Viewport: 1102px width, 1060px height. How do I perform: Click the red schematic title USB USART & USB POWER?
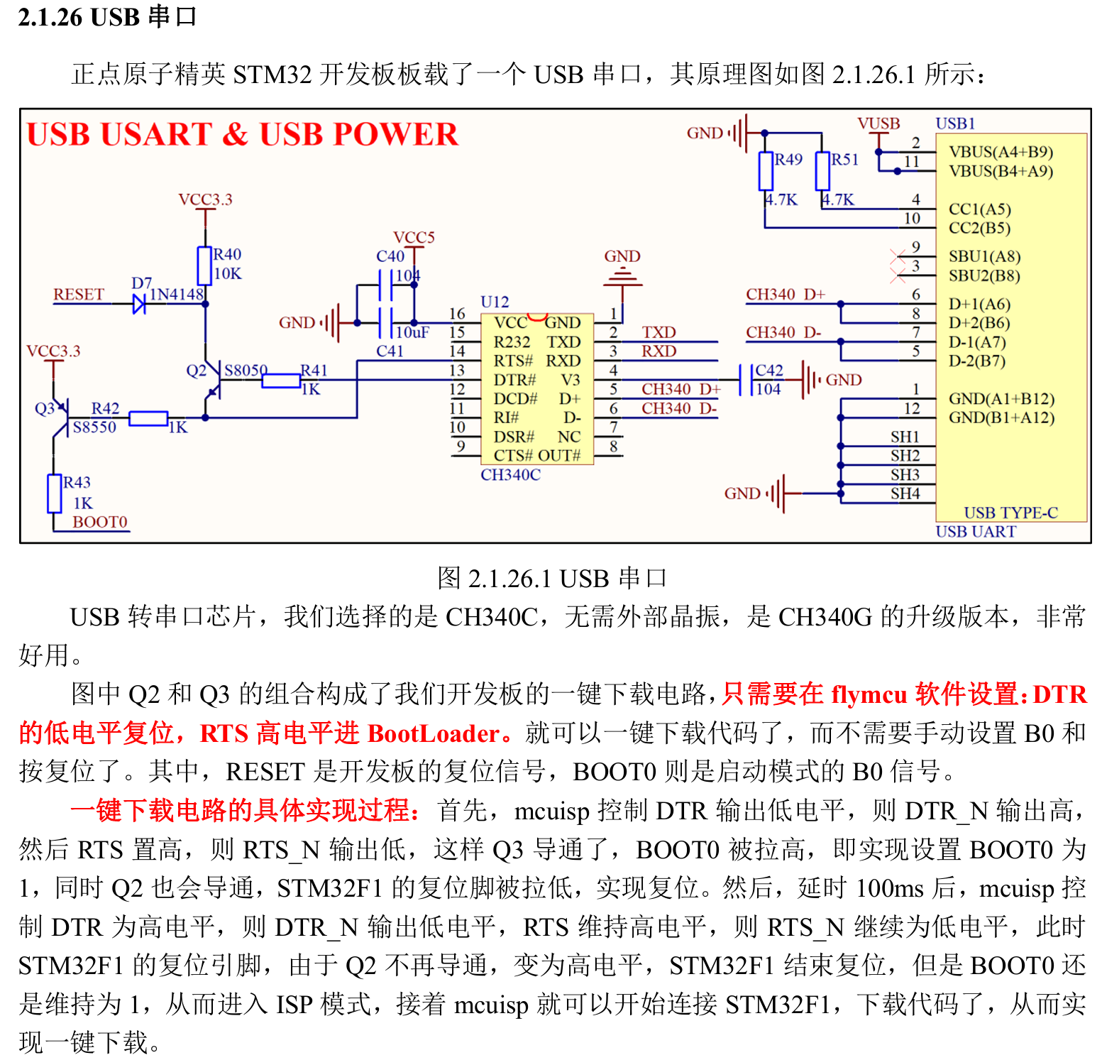click(242, 134)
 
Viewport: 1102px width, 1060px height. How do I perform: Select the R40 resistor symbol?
click(205, 266)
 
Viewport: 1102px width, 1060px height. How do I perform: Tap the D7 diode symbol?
click(139, 304)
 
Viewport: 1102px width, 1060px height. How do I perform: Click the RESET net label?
click(79, 295)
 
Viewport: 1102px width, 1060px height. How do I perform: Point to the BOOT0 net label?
click(99, 523)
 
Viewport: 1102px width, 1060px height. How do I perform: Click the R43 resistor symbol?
click(55, 493)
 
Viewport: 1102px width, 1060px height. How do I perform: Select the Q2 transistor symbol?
click(211, 383)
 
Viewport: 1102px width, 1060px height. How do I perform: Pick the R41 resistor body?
click(281, 381)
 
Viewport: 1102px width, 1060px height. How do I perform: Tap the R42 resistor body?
click(148, 418)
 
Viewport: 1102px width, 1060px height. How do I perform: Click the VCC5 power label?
click(414, 237)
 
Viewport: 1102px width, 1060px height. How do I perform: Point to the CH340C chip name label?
click(510, 475)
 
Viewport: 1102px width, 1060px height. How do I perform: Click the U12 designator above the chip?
click(495, 302)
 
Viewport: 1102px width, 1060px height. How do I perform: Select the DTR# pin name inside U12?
click(514, 380)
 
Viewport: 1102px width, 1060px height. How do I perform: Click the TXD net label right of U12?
click(659, 332)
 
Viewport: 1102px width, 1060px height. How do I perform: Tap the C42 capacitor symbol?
click(745, 380)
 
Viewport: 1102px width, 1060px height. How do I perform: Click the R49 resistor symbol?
click(766, 170)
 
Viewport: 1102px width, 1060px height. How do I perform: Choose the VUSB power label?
click(878, 124)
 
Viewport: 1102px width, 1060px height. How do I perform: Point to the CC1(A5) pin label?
click(979, 209)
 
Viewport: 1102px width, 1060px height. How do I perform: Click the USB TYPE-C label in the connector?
click(1010, 513)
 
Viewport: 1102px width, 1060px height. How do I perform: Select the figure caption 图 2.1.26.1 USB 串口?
click(551, 578)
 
